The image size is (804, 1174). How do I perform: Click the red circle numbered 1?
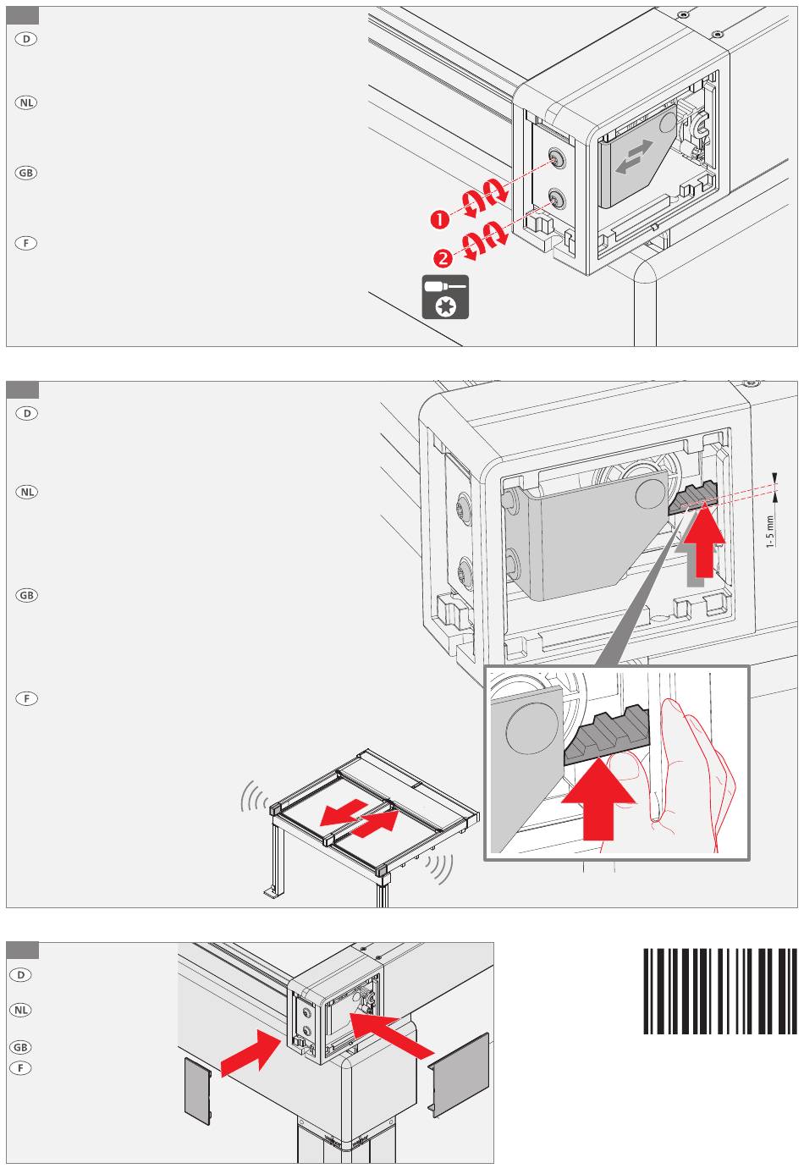[x=440, y=219]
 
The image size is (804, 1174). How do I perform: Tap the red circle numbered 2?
[x=443, y=258]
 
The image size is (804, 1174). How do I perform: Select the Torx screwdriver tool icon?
[x=445, y=297]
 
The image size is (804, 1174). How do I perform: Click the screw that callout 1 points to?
[x=555, y=157]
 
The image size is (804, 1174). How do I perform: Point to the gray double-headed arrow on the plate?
[x=634, y=157]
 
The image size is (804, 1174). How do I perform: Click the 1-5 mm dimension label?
[x=769, y=532]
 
